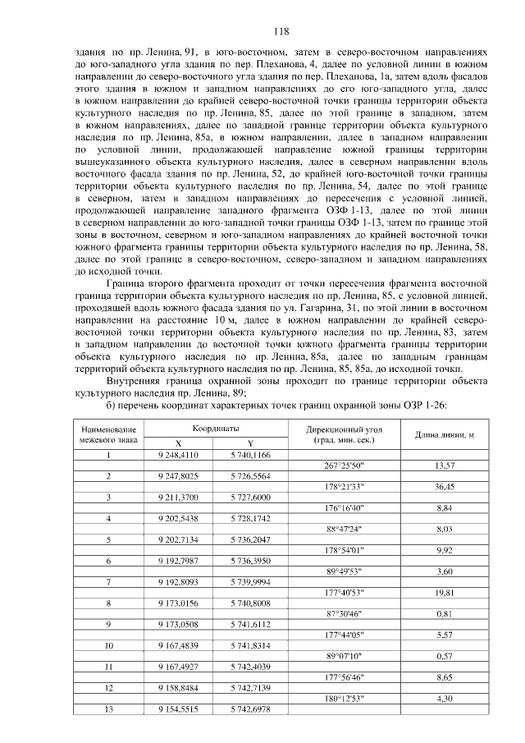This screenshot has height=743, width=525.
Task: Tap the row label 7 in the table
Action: pyautogui.click(x=107, y=581)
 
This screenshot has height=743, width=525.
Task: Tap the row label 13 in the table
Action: pyautogui.click(x=107, y=709)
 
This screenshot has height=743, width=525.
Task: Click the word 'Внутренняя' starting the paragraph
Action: pyautogui.click(x=136, y=381)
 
